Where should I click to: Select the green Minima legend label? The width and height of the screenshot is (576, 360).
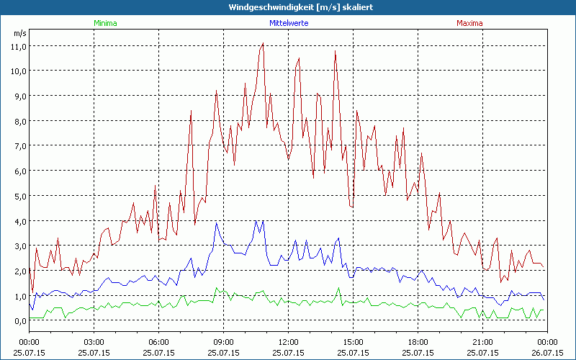pos(105,23)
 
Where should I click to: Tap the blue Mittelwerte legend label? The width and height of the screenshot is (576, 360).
pos(289,23)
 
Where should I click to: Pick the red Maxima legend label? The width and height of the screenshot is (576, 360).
pos(469,23)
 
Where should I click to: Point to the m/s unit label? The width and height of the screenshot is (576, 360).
pos(19,33)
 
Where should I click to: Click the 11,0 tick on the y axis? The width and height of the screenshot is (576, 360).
pos(18,46)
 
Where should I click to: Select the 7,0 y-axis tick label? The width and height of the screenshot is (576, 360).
pos(18,146)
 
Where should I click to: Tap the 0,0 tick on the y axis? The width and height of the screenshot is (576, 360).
pos(18,321)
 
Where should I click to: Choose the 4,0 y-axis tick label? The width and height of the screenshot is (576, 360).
pos(18,221)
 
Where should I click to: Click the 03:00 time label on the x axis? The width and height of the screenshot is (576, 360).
pos(94,341)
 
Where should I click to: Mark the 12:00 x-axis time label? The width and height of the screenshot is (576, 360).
pos(289,341)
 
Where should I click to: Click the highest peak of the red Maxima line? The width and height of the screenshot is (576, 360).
pos(263,43)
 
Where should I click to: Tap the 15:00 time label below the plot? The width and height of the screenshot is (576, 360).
pos(354,341)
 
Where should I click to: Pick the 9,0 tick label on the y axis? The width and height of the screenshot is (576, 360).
pos(18,96)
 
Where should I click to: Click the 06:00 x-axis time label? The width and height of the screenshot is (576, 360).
pos(159,341)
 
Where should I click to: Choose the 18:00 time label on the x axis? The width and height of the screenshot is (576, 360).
pos(418,341)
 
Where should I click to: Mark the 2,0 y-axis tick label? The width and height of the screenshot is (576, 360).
pos(18,271)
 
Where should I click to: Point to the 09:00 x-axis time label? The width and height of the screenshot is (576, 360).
pos(224,341)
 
